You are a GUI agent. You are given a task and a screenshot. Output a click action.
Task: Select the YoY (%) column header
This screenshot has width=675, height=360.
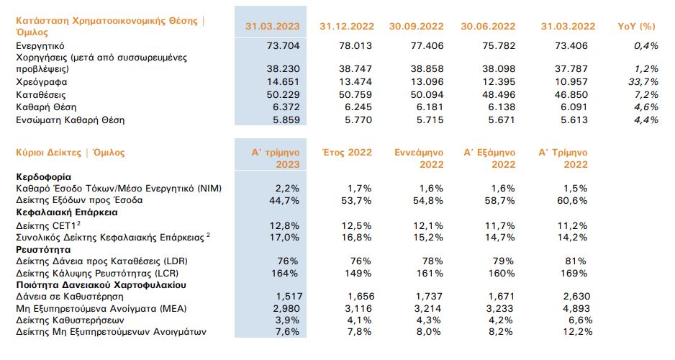pyautogui.click(x=637, y=26)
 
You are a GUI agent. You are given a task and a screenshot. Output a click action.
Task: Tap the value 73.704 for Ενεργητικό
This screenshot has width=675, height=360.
pyautogui.click(x=280, y=45)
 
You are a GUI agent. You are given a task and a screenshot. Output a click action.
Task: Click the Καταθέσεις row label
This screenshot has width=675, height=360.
pyautogui.click(x=40, y=94)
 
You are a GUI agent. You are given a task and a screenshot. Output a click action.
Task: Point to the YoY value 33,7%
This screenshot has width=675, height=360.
pyautogui.click(x=644, y=82)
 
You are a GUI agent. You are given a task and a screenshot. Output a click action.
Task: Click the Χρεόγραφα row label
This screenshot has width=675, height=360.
pyautogui.click(x=39, y=82)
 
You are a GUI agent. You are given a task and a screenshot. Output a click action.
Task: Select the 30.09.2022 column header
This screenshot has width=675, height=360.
pyautogui.click(x=418, y=26)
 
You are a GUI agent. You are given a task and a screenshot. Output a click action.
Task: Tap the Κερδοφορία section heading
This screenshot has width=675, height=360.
pyautogui.click(x=43, y=176)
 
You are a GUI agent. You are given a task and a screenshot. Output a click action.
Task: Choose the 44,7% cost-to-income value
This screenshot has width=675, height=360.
pyautogui.click(x=284, y=199)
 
